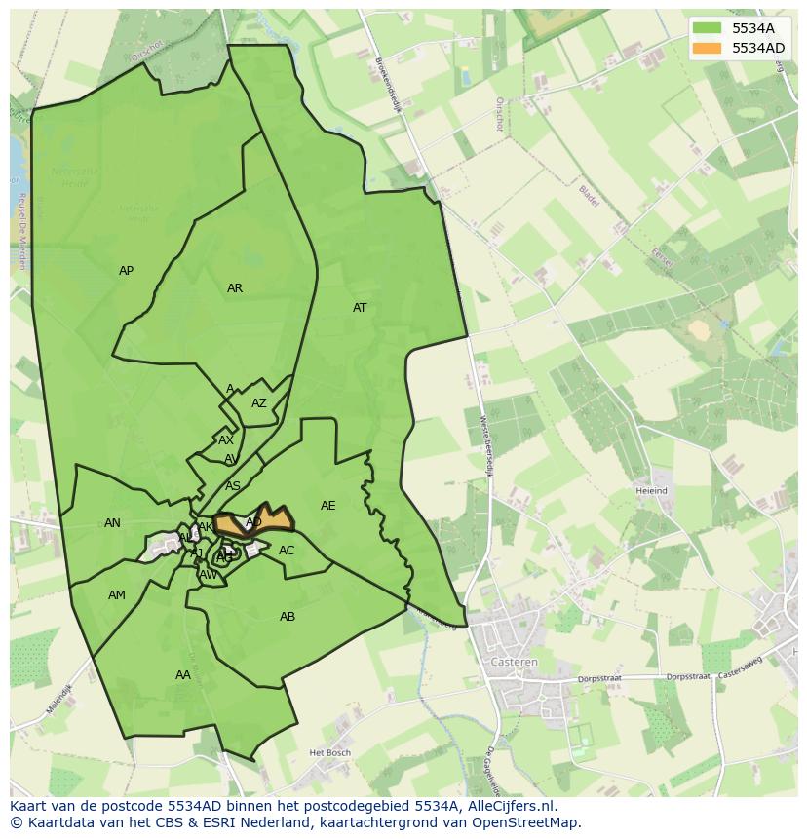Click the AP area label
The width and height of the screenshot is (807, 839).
pos(126,271)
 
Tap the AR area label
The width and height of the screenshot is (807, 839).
pos(235,288)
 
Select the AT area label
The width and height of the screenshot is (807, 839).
pos(360,308)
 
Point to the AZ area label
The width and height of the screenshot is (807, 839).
pos(258,403)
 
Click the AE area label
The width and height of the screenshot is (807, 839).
pos(327,506)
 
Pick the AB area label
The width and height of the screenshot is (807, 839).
pos(288,617)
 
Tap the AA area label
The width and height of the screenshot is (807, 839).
pos(183,675)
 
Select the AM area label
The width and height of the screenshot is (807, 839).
pos(117,595)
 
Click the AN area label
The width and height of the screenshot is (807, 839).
pos(112,523)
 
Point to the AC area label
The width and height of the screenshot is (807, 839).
pos(287,551)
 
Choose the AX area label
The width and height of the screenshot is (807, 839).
pos(226,440)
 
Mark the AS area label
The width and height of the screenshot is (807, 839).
pos(233,485)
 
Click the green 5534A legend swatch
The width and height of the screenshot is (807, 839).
pos(708,27)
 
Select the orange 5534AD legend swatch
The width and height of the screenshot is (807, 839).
pos(708,47)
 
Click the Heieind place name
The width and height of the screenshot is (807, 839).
pos(651,491)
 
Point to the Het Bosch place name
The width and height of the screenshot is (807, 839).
pos(328,753)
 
